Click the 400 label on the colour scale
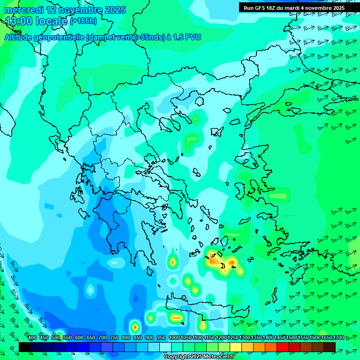32,337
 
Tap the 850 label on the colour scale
137,337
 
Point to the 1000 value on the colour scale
174,337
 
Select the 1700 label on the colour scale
326,337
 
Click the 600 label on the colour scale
79,337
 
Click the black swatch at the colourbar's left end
25,347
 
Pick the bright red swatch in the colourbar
283,347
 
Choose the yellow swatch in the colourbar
236,347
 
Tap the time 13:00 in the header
19,21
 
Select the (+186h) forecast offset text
83,21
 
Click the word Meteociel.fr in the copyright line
218,357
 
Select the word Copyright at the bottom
176,357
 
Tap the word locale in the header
51,21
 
